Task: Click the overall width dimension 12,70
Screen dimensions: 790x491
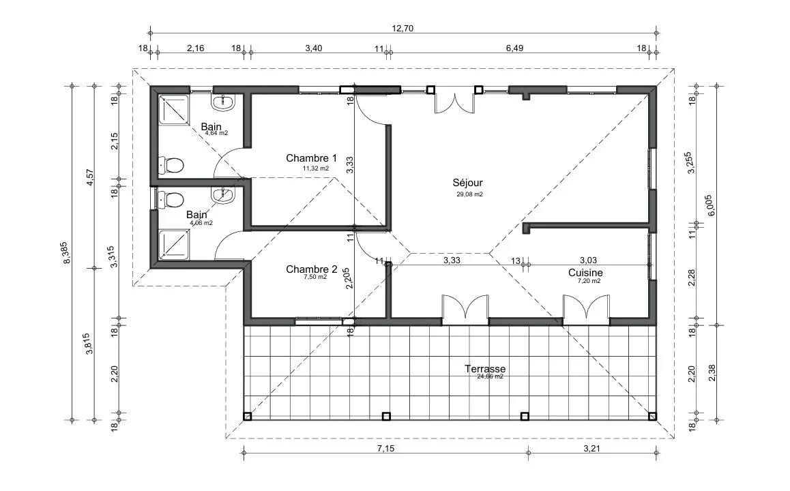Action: (403, 28)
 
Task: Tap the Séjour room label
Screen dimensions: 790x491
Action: (467, 183)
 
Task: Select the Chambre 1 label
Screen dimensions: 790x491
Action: (311, 158)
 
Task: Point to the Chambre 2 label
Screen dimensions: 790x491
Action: (311, 269)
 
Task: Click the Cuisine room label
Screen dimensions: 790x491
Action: (585, 273)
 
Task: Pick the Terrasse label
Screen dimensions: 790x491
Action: (485, 369)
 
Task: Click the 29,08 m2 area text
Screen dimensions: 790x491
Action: (469, 194)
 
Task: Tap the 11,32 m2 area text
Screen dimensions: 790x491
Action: (315, 168)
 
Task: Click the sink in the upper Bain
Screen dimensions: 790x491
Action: (222, 103)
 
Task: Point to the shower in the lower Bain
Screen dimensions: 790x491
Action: (175, 245)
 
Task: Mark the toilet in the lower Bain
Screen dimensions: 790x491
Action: (171, 199)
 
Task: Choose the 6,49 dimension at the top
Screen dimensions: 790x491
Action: (514, 48)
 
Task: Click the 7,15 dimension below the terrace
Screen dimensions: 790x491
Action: (385, 449)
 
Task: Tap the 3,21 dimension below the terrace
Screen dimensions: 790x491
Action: (592, 449)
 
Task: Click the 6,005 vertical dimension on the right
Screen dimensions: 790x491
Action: (711, 205)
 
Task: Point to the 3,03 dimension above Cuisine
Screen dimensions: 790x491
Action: (589, 261)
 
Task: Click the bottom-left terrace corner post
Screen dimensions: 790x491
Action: (248, 417)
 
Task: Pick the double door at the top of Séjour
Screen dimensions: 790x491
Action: (455, 101)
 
